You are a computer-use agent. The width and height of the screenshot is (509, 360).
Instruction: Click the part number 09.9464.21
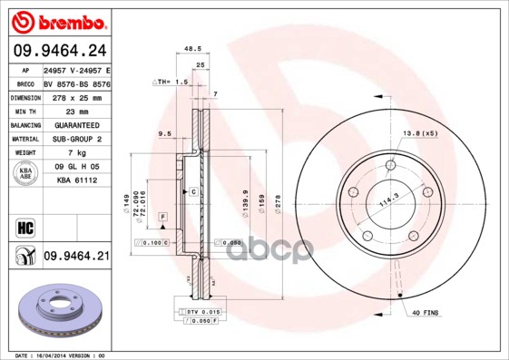75,257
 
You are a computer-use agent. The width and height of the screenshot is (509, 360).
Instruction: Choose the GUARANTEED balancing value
75,124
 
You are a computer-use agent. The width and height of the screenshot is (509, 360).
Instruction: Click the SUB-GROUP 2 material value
75,139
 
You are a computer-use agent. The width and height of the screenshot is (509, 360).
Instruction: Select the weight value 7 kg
75,153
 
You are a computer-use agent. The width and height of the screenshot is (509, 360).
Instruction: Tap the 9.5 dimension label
165,134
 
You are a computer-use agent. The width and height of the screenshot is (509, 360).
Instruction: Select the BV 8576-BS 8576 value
76,82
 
